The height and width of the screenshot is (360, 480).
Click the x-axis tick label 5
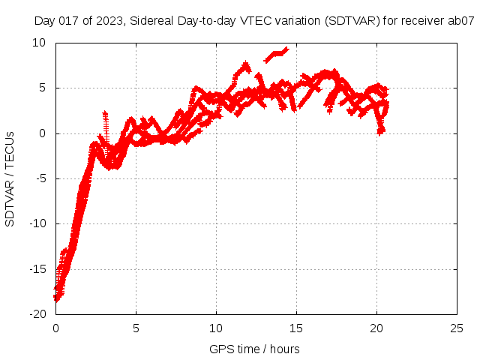point(136,328)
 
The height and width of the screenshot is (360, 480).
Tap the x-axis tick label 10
point(216,328)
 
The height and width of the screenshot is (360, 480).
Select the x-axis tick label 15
point(296,328)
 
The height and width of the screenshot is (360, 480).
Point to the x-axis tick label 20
point(376,328)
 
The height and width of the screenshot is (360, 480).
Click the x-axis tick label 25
point(457,328)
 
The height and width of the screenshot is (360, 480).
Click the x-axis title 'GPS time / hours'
point(255,349)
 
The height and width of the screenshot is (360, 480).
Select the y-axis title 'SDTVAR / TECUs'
point(10,178)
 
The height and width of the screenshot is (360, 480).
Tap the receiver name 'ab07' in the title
point(461,21)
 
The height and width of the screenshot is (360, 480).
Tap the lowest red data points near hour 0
point(56,298)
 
